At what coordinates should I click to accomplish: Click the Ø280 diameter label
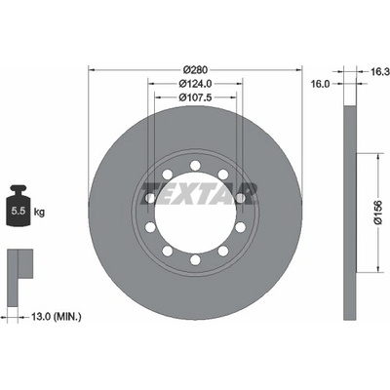[x=195, y=70]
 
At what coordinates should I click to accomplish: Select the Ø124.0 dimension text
[x=195, y=84]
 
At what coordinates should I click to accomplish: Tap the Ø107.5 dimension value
[x=195, y=97]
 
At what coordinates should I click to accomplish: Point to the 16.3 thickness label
[x=380, y=72]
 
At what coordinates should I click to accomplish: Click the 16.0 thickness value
[x=321, y=84]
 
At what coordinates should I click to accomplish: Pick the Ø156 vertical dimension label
[x=378, y=213]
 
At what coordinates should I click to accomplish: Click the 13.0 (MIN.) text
[x=57, y=316]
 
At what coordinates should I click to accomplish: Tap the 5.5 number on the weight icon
[x=19, y=212]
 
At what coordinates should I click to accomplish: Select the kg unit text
[x=39, y=213]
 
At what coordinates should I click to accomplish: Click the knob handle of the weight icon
[x=19, y=188]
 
